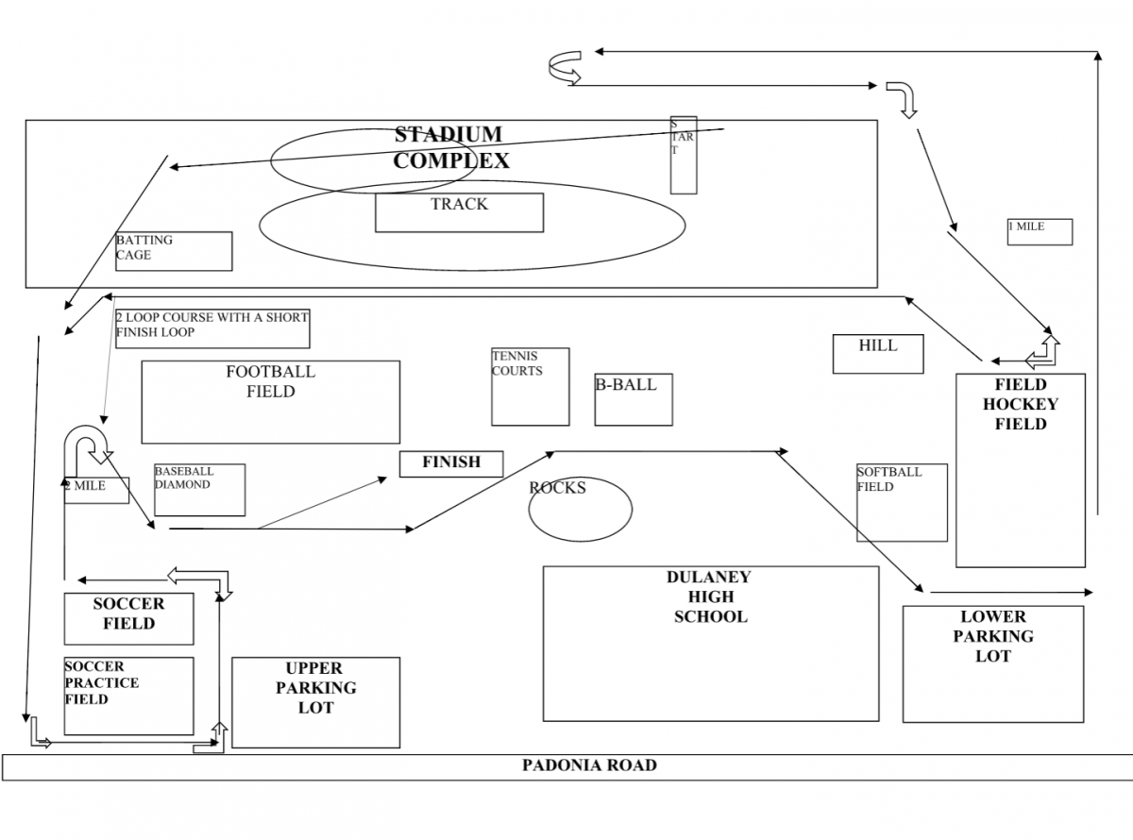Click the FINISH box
pyautogui.click(x=451, y=463)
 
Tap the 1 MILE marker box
pyautogui.click(x=1040, y=231)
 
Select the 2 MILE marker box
pyautogui.click(x=96, y=490)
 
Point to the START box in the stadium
pyautogui.click(x=684, y=155)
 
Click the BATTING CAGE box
pyautogui.click(x=174, y=251)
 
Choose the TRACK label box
pyautogui.click(x=459, y=212)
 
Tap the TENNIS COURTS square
pyautogui.click(x=530, y=387)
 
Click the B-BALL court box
pyautogui.click(x=634, y=401)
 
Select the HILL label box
pyautogui.click(x=877, y=353)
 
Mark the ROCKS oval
pyautogui.click(x=579, y=510)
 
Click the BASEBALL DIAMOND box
pyautogui.click(x=199, y=490)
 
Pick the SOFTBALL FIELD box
pyautogui.click(x=902, y=503)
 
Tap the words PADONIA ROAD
pyautogui.click(x=589, y=765)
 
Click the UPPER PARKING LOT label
pyautogui.click(x=315, y=688)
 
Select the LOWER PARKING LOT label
pyautogui.click(x=992, y=636)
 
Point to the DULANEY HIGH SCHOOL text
pyautogui.click(x=709, y=596)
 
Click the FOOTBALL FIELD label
pyautogui.click(x=270, y=381)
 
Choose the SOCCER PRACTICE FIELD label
pyautogui.click(x=101, y=682)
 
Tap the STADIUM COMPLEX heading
pyautogui.click(x=450, y=147)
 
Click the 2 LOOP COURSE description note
pyautogui.click(x=212, y=325)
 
